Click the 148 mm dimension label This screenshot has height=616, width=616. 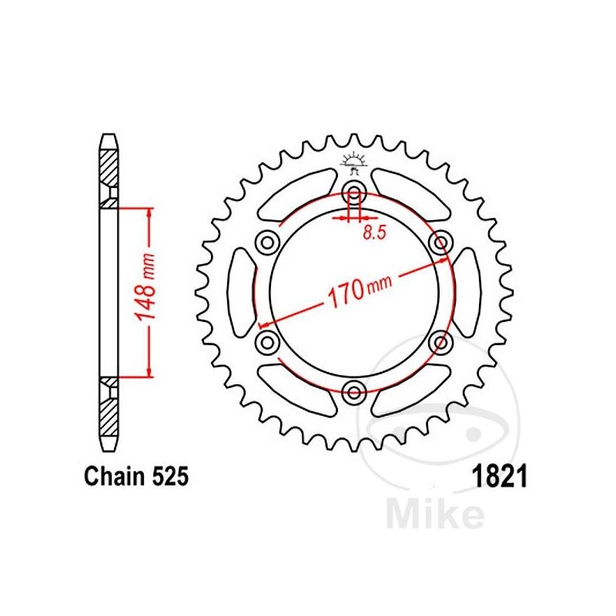tap(145, 286)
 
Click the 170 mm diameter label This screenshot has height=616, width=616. tap(359, 290)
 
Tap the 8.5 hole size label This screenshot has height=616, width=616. tap(374, 233)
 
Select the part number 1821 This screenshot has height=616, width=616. tap(500, 476)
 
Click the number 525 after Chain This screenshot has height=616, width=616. tap(170, 476)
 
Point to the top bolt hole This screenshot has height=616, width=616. tap(354, 193)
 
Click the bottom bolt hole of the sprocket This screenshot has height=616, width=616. tap(354, 392)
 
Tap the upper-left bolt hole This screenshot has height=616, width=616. tap(267, 243)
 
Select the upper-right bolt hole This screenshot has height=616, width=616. tap(440, 243)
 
